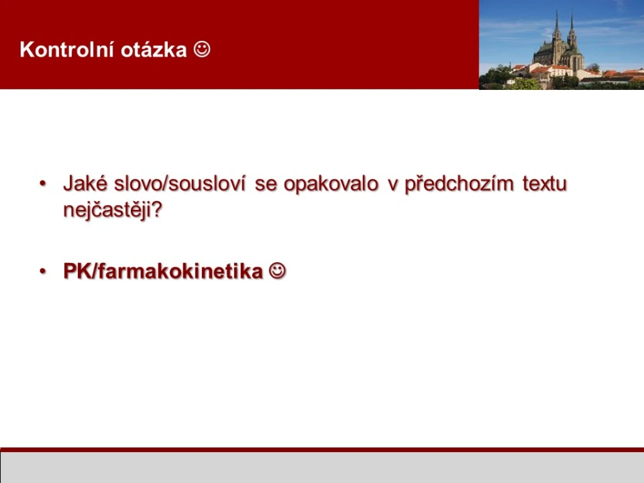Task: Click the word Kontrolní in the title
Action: point(67,50)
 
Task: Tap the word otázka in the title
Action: point(154,50)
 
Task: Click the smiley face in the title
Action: point(202,49)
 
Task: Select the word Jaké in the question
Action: point(85,183)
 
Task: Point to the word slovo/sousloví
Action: point(180,183)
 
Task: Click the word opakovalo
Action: point(331,184)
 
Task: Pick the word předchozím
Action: point(458,184)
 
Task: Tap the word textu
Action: point(545,184)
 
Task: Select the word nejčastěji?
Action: point(113,210)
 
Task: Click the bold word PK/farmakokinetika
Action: point(163,271)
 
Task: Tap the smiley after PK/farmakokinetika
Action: point(277,271)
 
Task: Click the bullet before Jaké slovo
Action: point(43,184)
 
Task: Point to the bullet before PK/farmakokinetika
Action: point(43,272)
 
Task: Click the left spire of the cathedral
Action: point(557,25)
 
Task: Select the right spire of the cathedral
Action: point(571,26)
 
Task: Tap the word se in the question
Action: point(265,184)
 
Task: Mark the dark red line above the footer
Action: point(322,450)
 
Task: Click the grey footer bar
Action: point(322,468)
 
